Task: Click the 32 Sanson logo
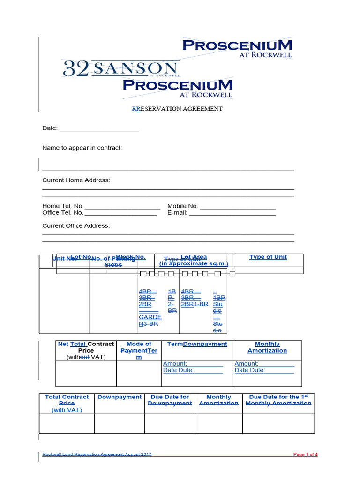(x=121, y=69)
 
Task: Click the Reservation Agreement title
(x=177, y=109)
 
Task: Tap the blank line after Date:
(x=99, y=128)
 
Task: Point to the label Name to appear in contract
(x=82, y=148)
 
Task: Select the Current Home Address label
(x=76, y=180)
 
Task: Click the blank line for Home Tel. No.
(x=122, y=207)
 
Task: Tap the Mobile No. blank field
(x=238, y=207)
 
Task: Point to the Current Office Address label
(x=76, y=225)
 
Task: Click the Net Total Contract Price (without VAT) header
(x=86, y=350)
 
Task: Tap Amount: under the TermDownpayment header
(x=175, y=364)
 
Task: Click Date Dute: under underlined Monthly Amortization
(x=250, y=370)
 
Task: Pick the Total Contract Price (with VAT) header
(x=67, y=403)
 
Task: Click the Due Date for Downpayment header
(x=170, y=400)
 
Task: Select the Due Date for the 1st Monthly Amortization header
(x=278, y=400)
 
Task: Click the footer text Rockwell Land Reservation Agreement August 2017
(x=97, y=454)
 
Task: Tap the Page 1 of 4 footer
(x=305, y=454)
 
